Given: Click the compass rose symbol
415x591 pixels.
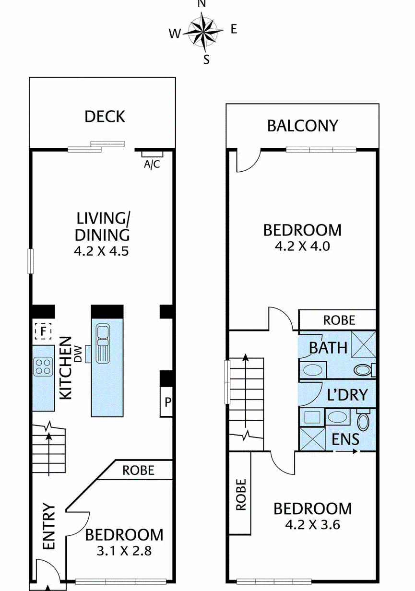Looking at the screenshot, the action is tap(203, 33).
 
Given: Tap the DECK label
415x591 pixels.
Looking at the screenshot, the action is tap(105, 117).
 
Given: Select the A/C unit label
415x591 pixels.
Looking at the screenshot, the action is tap(152, 165).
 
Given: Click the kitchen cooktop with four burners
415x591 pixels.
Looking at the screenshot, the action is tap(43, 367).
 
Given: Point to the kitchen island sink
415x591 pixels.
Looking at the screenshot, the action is tap(103, 344).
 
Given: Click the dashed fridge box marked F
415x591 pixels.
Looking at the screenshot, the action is tap(43, 331).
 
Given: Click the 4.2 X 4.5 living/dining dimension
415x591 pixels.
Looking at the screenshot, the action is tap(102, 251).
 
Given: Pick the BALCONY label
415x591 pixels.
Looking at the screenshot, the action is tap(302, 126).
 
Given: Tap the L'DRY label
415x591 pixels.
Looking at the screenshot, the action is tap(347, 395).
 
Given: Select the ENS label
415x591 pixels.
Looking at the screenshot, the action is tap(345, 439).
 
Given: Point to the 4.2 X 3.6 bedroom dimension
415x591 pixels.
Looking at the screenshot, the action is tap(313, 525).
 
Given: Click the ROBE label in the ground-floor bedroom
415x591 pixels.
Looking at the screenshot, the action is tap(139, 471).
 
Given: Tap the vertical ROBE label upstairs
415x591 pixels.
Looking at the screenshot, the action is tap(241, 495).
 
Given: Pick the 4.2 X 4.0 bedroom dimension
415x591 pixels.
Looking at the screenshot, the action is tap(302, 247).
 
